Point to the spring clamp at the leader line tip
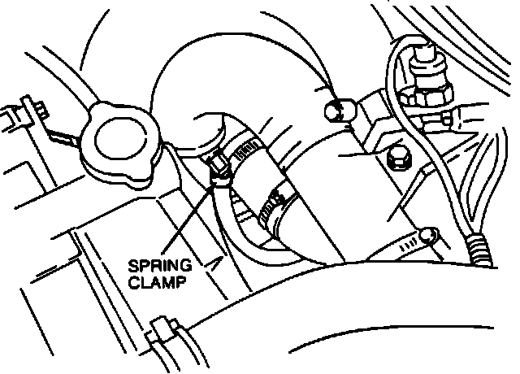pyautogui.click(x=218, y=168)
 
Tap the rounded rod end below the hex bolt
pyautogui.click(x=429, y=236)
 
